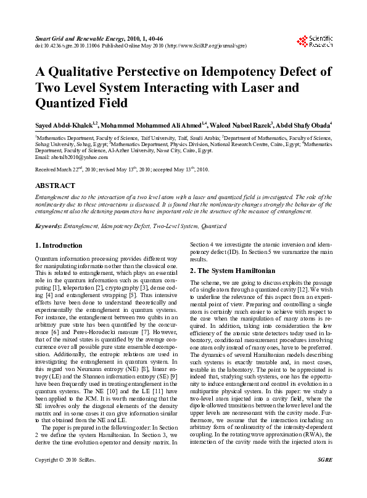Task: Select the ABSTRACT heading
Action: click(55, 186)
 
